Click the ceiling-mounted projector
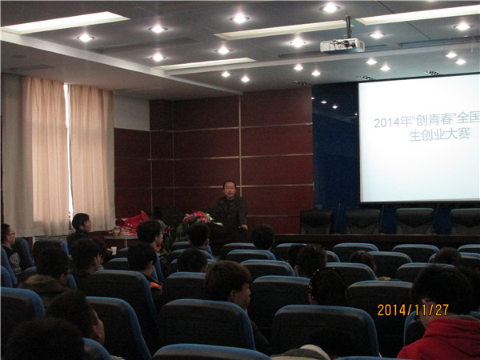[342, 46]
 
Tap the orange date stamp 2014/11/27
[413, 310]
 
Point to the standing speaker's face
[230, 190]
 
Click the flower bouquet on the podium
[197, 218]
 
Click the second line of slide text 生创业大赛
[439, 134]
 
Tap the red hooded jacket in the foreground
[440, 339]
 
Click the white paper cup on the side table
[114, 250]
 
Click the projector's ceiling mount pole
[348, 26]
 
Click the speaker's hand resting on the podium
[244, 227]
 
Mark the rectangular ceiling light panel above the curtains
[66, 22]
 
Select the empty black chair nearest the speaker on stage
[316, 222]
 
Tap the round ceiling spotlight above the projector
[330, 8]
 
